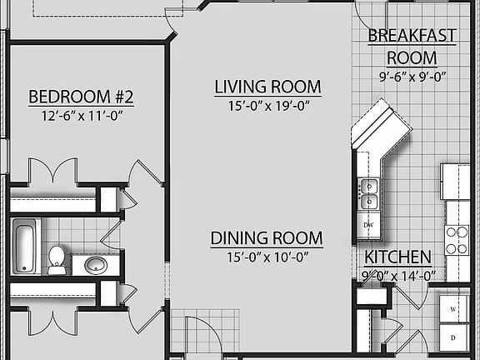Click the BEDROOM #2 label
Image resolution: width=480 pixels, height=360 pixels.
pyautogui.click(x=81, y=97)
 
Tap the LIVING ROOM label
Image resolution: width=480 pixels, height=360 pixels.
pyautogui.click(x=267, y=87)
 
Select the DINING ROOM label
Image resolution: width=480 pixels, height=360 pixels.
pyautogui.click(x=266, y=239)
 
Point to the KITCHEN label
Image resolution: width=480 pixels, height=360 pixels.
pyautogui.click(x=398, y=257)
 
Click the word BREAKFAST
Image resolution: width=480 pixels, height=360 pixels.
pyautogui.click(x=412, y=35)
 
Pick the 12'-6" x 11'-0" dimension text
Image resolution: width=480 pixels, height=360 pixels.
pyautogui.click(x=81, y=117)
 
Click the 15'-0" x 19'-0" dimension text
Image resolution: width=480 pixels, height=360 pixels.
pyautogui.click(x=267, y=106)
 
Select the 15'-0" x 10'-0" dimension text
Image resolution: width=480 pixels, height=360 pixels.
pyautogui.click(x=266, y=257)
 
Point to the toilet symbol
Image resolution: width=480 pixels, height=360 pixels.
pyautogui.click(x=57, y=258)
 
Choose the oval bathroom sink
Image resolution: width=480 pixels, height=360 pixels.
pyautogui.click(x=95, y=266)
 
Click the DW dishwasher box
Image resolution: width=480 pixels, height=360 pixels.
pyautogui.click(x=368, y=225)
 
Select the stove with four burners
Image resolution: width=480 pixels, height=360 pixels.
pyautogui.click(x=457, y=241)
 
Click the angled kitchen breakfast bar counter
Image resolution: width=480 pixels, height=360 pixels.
pyautogui.click(x=380, y=129)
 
